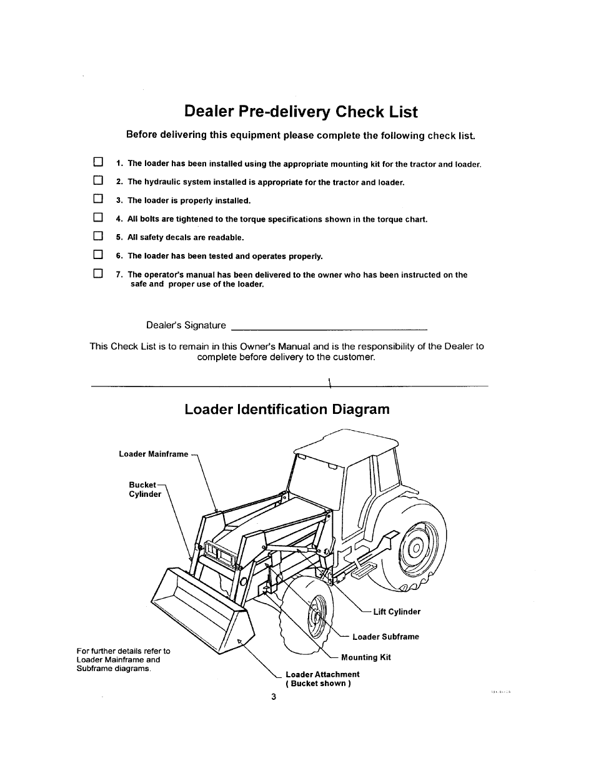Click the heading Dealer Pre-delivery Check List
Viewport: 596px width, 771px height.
point(301,112)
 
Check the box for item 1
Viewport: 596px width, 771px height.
point(97,163)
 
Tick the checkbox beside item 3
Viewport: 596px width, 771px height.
point(97,200)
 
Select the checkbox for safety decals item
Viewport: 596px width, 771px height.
point(97,237)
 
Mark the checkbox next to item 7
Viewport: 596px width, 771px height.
point(97,273)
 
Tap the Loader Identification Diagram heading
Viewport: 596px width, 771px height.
point(287,410)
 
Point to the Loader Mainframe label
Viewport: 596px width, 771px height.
point(153,454)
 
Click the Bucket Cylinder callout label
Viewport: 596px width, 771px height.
point(144,489)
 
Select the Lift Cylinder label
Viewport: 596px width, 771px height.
point(397,612)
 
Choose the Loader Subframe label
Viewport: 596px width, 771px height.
point(385,637)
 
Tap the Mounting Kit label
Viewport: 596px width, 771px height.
point(365,657)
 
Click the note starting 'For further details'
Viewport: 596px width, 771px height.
point(123,659)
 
